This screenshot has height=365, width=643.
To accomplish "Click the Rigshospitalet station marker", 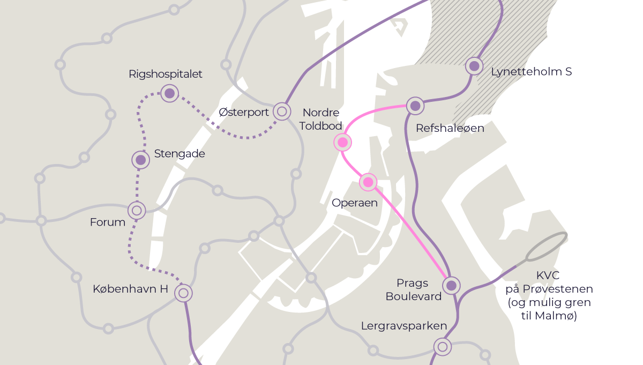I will coord(170,94).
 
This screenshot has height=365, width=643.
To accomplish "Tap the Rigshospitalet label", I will coord(166,74).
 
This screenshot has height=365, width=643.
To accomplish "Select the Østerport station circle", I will coord(282,111).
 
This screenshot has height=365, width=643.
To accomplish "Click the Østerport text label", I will coord(244,112).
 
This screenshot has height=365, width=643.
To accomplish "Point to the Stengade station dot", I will coord(141,160).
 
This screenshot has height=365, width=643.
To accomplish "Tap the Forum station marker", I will coord(137,211).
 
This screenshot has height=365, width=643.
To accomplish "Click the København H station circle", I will coord(183,293).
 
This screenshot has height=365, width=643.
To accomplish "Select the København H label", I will coord(130,289).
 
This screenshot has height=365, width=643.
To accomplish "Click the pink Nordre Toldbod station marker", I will coord(342,143).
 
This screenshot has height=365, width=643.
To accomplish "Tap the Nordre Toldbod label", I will coord(321,119).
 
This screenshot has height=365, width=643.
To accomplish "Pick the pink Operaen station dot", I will coord(368,182).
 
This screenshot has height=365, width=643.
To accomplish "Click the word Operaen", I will coord(355,203).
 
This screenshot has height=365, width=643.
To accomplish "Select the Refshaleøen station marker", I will coord(415,106).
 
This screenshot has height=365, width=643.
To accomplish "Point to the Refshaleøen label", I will coord(450,128).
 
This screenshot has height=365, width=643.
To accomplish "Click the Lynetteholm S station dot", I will coord(474,66).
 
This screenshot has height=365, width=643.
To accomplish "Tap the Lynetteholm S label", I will coord(531,71).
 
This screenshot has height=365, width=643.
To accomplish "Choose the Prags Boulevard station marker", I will coord(451,285).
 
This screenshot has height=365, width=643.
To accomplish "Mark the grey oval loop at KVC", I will coord(546,246).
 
